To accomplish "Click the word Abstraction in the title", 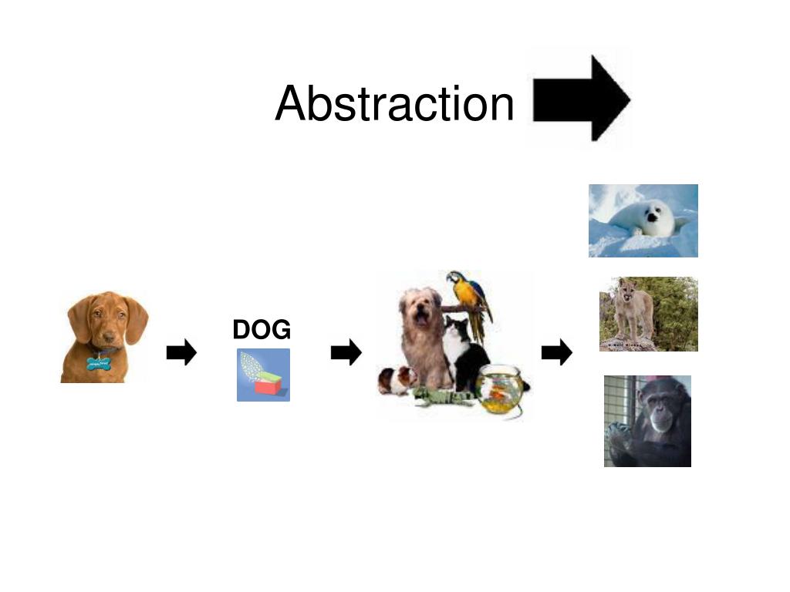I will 394,103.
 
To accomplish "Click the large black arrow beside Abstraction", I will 581,99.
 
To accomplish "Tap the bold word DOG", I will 262,330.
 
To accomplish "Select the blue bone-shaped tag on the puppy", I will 99,362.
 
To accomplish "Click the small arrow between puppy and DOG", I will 181,353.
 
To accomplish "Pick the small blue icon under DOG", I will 263,375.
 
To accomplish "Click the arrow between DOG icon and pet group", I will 346,353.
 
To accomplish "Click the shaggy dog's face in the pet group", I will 421,310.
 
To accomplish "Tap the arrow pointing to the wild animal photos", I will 557,353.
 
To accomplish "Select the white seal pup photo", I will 643,220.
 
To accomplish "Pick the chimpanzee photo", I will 647,421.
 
